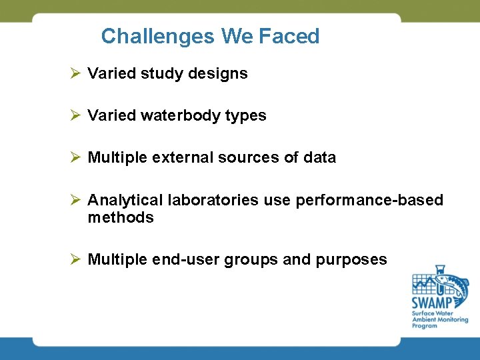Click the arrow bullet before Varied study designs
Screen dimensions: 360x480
[75, 73]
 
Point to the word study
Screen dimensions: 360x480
[161, 74]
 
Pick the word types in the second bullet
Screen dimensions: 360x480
[246, 116]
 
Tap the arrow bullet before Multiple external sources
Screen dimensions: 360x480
[75, 157]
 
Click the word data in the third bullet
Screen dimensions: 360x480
[320, 158]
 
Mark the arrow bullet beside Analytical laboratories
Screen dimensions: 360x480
[75, 200]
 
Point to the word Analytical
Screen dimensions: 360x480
[125, 201]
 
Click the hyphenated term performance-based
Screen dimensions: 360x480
[369, 201]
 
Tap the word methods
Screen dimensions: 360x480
[121, 218]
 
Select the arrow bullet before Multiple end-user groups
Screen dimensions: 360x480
[75, 259]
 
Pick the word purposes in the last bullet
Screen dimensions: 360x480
[356, 260]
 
